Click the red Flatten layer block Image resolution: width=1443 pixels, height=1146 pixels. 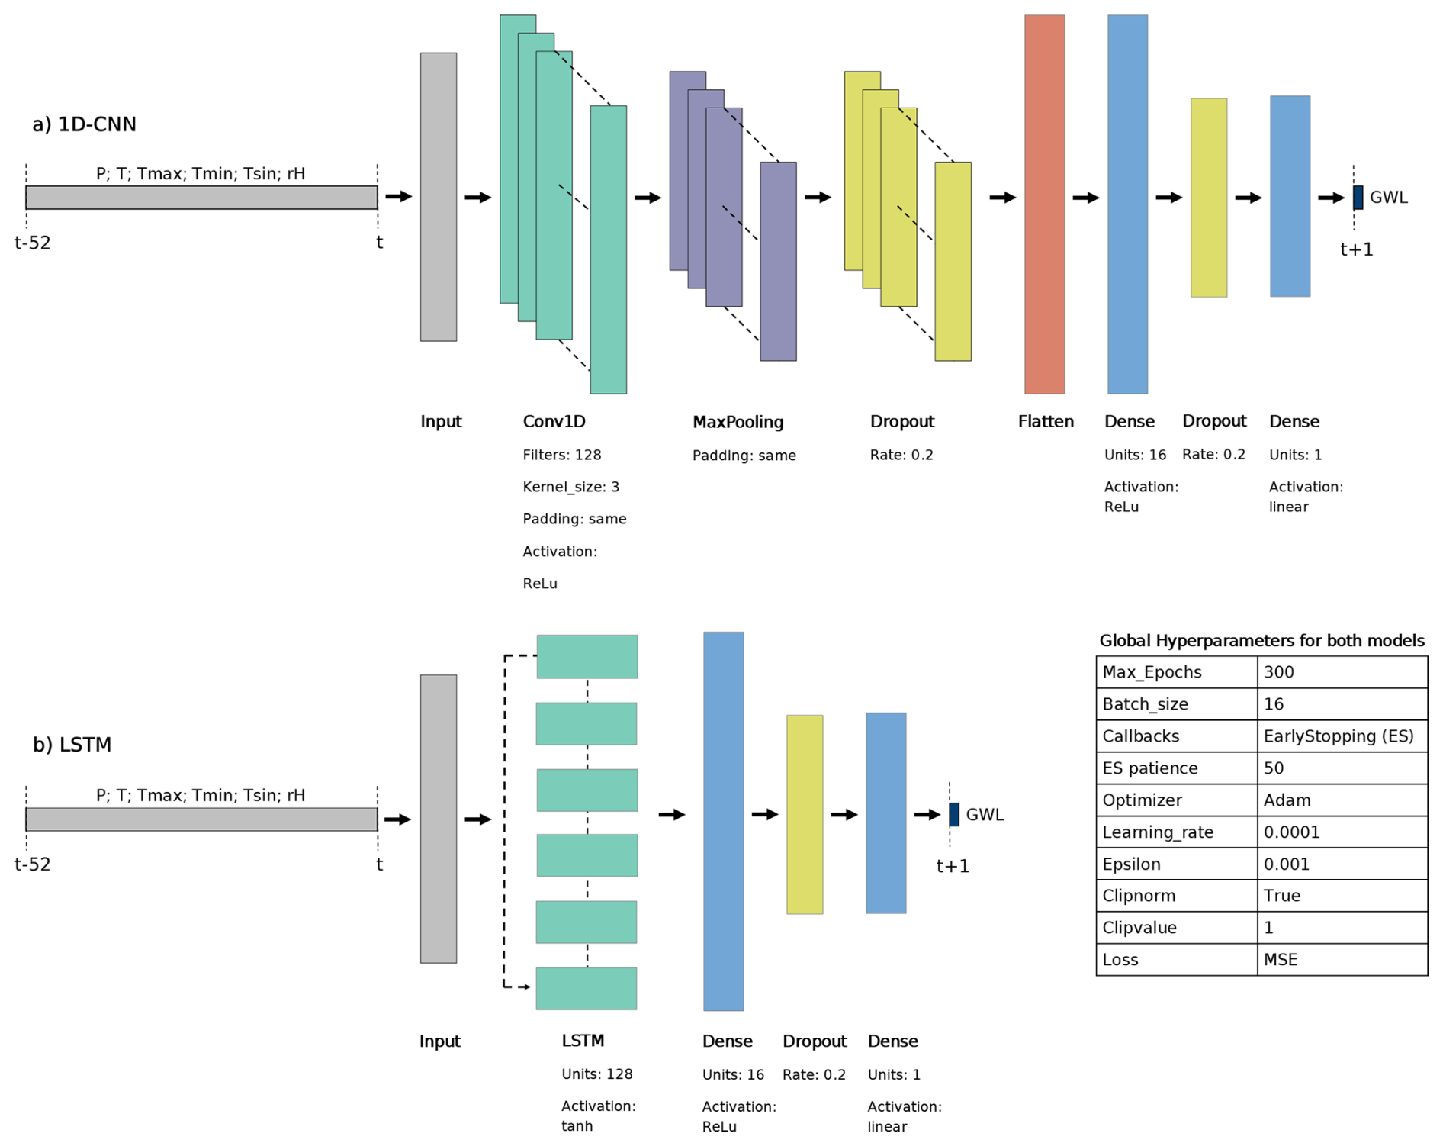[1043, 204]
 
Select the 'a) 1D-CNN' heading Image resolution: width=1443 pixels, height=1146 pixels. [84, 124]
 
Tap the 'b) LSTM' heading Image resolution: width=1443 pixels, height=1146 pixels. [72, 745]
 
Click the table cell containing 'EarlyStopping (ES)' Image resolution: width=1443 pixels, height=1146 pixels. [1339, 736]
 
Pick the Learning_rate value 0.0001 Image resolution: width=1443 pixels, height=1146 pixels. [1291, 832]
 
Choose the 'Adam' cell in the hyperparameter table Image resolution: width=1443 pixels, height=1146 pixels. [1287, 800]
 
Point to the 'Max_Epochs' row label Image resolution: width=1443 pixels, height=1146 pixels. [1152, 672]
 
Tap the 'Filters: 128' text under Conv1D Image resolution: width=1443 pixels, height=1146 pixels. [561, 456]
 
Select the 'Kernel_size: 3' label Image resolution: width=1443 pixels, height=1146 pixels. [570, 488]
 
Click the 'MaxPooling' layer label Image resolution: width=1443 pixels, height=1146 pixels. [738, 422]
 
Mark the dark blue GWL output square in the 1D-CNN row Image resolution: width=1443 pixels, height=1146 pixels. [1358, 198]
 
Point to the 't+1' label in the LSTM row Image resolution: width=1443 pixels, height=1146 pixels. [953, 866]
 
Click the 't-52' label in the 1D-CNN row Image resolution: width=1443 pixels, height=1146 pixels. [33, 243]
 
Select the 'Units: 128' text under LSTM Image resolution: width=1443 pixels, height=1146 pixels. [596, 1074]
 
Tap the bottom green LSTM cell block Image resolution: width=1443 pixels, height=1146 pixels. [586, 989]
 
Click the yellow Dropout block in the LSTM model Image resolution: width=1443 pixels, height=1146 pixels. [805, 814]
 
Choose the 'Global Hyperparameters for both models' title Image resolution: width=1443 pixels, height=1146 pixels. [1261, 641]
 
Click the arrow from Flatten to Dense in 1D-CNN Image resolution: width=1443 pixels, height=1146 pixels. [1085, 198]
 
